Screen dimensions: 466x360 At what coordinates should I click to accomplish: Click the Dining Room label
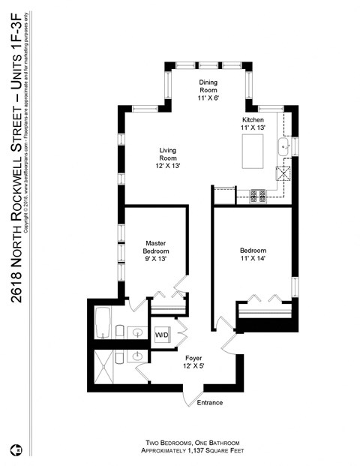pyautogui.click(x=208, y=86)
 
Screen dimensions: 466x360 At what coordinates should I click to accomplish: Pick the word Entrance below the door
pyautogui.click(x=210, y=403)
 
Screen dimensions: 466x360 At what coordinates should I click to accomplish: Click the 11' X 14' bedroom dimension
pyautogui.click(x=253, y=259)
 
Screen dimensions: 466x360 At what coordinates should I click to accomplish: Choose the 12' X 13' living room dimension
pyautogui.click(x=168, y=165)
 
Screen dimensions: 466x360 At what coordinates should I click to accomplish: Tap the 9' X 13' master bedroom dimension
pyautogui.click(x=155, y=259)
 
